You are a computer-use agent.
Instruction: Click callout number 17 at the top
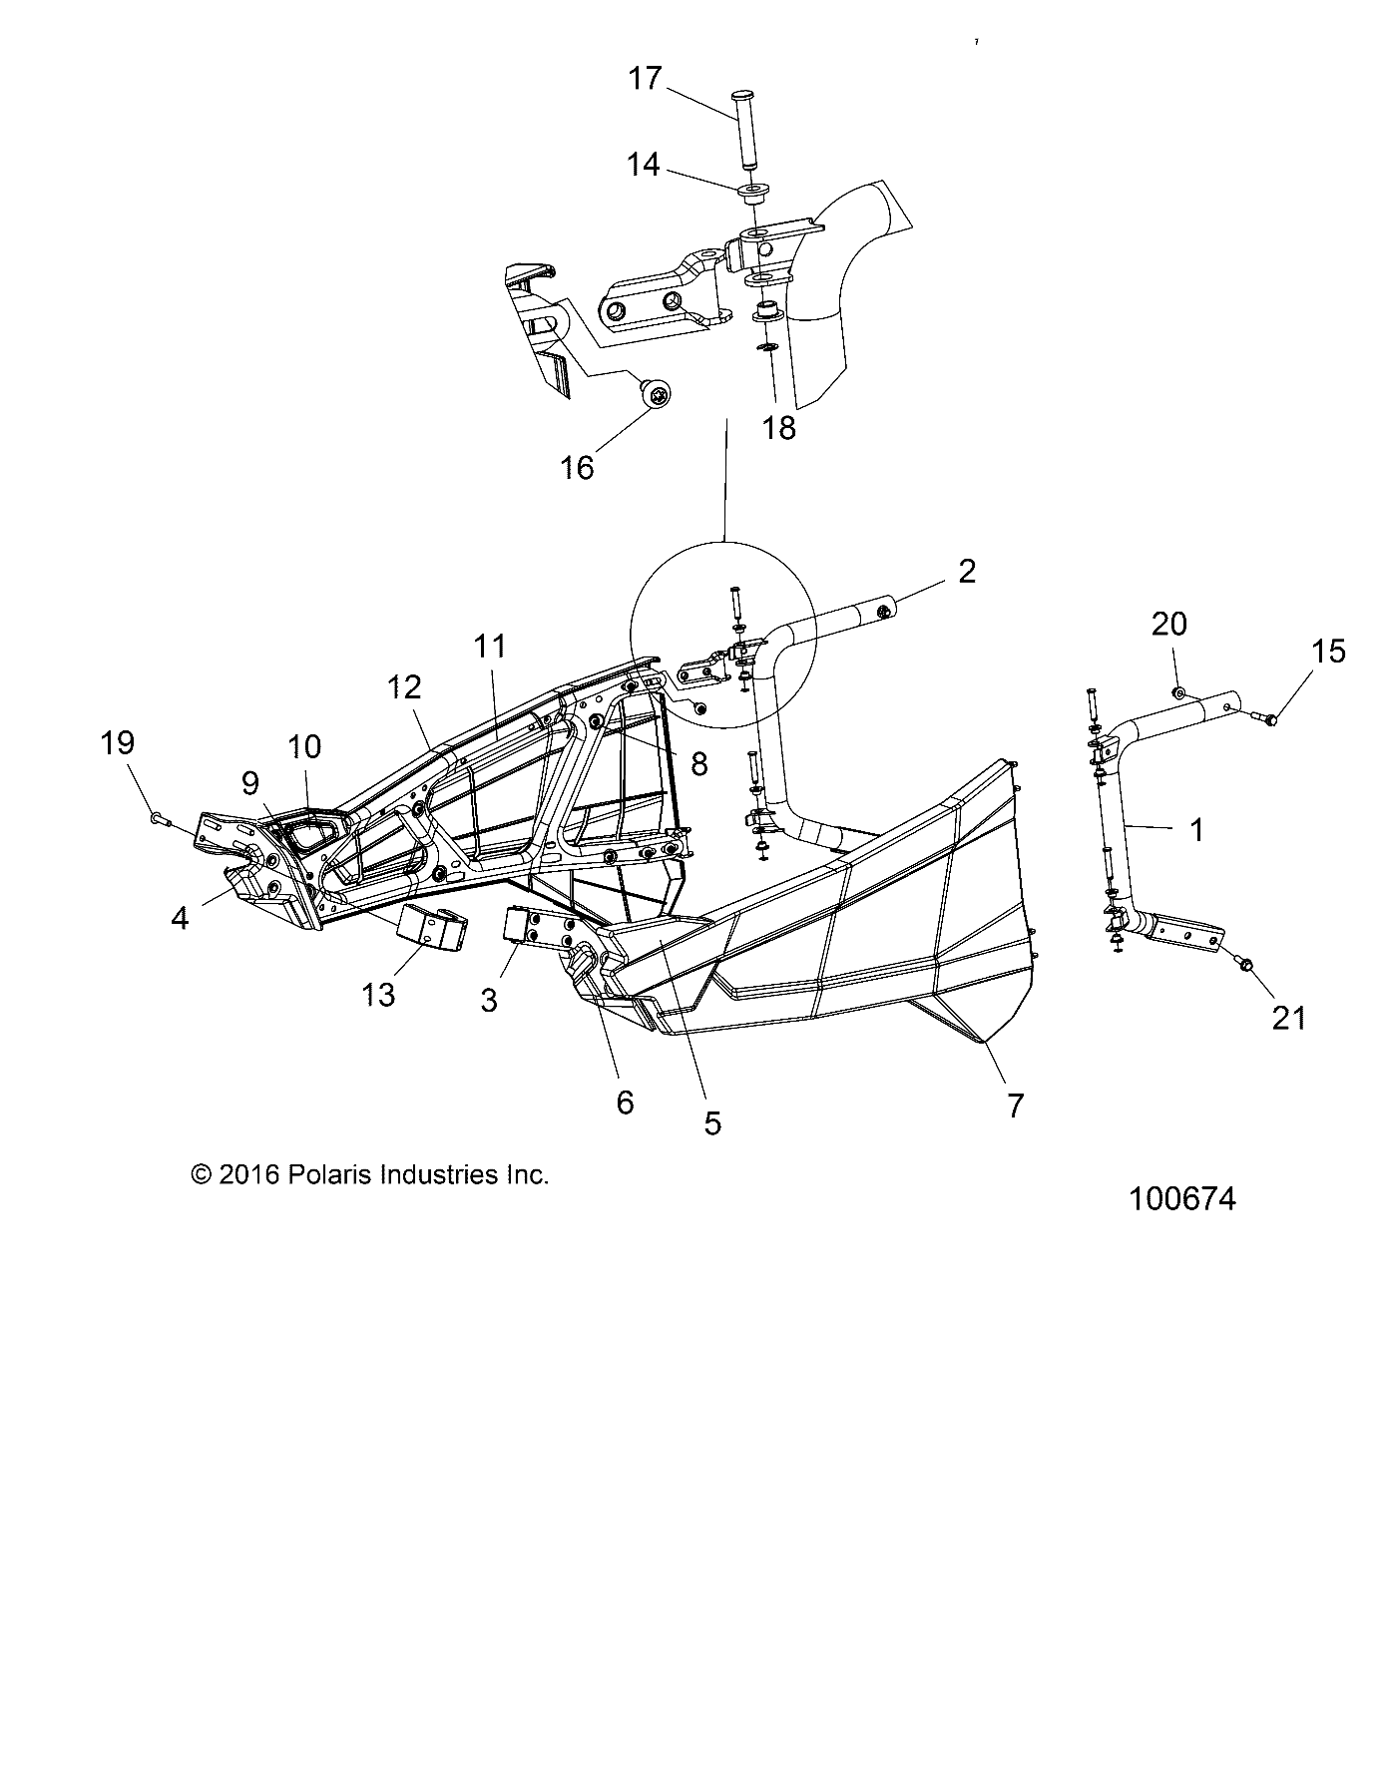tap(645, 78)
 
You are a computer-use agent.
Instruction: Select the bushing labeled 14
tap(751, 190)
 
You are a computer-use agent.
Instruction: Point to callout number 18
tap(779, 428)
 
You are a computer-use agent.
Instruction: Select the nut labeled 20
tap(1178, 692)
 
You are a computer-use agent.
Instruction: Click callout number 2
tap(966, 572)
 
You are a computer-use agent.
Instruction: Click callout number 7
tap(1015, 1105)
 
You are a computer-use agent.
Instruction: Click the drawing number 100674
tap(1181, 1198)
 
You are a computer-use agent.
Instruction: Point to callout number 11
tap(489, 647)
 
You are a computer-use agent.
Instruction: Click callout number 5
tap(711, 1122)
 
